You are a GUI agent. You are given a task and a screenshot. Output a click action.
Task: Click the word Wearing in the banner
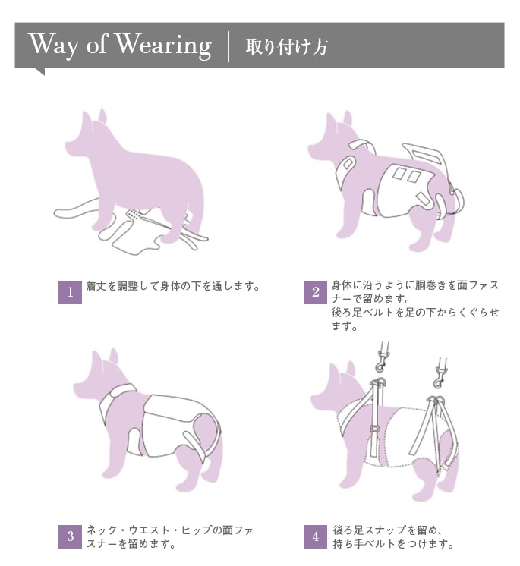tap(163, 46)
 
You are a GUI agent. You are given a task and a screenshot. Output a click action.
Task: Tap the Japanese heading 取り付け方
tap(287, 47)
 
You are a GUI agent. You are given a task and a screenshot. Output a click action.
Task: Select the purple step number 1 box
tap(70, 292)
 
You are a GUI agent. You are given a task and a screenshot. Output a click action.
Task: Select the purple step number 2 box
tap(315, 292)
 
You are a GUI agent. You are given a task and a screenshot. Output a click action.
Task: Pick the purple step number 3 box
tap(70, 536)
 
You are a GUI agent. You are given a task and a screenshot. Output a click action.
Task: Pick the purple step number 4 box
tap(315, 536)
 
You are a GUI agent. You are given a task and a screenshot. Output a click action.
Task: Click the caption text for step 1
tap(173, 286)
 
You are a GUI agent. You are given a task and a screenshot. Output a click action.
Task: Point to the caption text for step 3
tap(169, 536)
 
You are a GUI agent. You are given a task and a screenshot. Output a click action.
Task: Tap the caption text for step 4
tap(393, 536)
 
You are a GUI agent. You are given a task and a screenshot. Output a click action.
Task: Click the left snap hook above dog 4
tap(383, 357)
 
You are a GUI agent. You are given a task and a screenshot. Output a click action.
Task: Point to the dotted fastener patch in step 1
tap(134, 215)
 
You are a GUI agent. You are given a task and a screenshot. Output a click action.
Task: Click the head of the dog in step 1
tap(88, 137)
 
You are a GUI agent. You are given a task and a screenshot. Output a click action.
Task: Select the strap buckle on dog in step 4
tap(373, 429)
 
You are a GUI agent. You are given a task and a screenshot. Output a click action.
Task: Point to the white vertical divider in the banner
tap(229, 46)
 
